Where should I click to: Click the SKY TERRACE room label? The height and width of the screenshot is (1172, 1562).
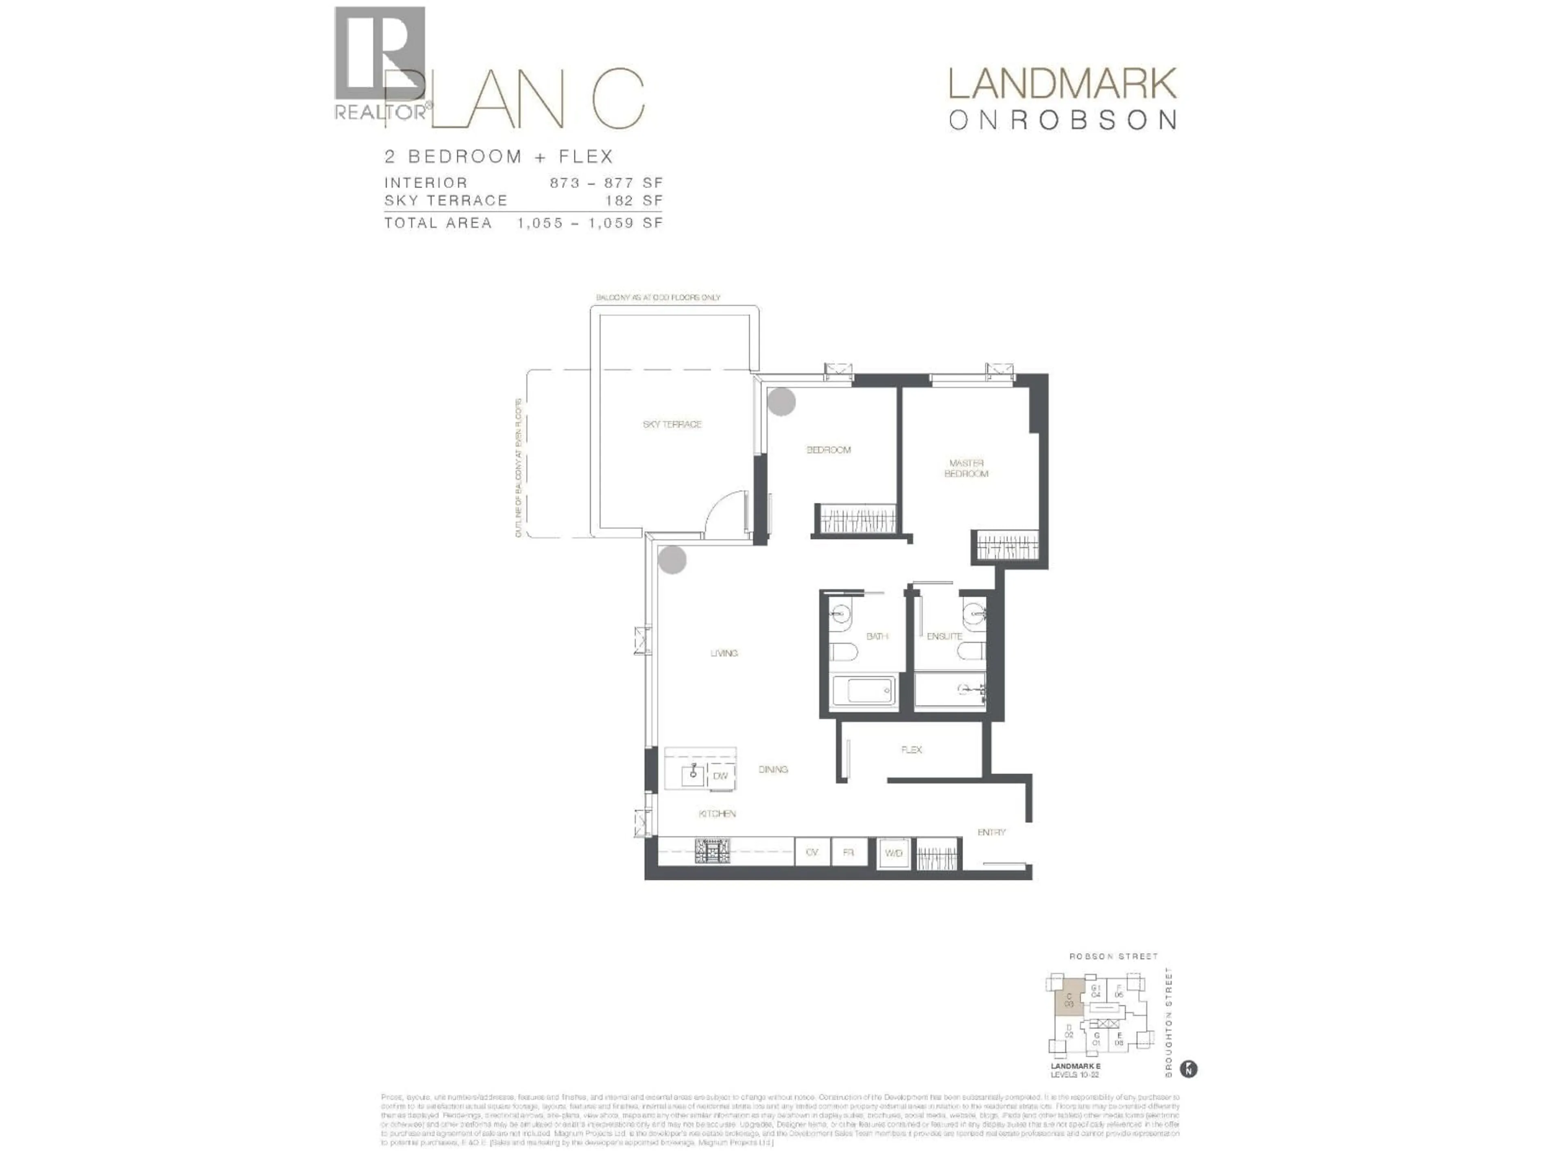point(672,424)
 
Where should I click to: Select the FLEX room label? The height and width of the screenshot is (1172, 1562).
point(911,750)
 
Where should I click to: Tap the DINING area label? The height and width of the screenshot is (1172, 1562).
point(772,769)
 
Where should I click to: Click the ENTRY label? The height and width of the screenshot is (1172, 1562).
point(991,832)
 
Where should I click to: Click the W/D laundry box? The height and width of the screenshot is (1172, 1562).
point(893,853)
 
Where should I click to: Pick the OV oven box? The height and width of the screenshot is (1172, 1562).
point(812,853)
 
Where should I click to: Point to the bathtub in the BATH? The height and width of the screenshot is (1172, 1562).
point(863,691)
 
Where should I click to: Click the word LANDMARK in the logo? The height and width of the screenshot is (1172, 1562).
point(1062,85)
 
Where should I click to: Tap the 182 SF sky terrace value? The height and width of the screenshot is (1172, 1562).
point(633,201)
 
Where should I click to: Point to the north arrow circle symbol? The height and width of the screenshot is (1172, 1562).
point(1189,1069)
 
